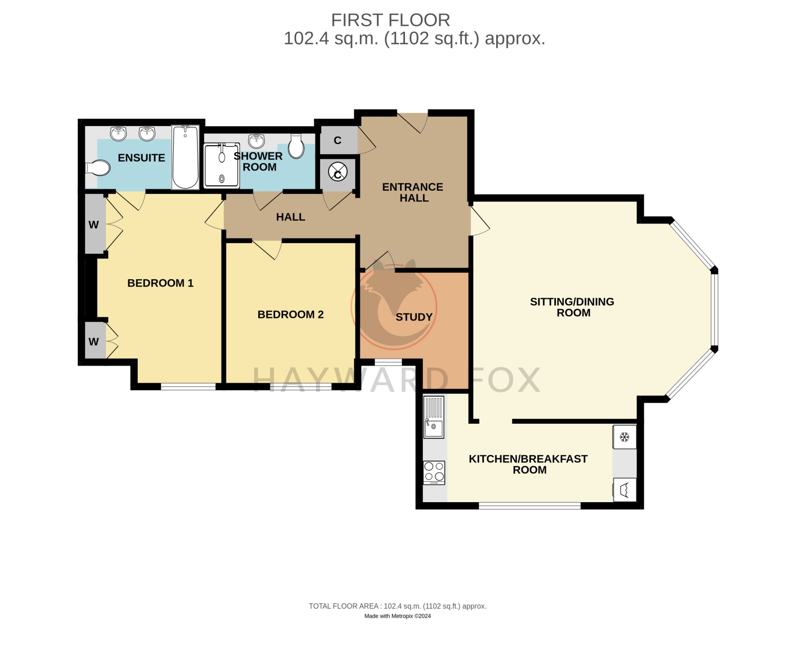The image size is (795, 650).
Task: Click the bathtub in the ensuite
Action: (x=185, y=157)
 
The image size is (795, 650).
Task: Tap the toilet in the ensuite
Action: (x=98, y=168)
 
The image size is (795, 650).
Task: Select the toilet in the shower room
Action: (x=296, y=146)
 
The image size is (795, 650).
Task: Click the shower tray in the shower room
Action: (x=222, y=165)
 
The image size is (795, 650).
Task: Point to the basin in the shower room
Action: (x=257, y=141)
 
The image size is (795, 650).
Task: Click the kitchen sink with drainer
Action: (x=434, y=417)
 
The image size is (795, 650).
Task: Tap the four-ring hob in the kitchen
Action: (x=434, y=473)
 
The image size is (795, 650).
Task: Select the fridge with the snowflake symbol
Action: (x=624, y=437)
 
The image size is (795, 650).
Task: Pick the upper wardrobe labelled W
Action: (x=95, y=224)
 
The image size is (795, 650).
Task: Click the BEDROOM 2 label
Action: (x=290, y=314)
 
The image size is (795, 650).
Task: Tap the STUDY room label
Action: (x=414, y=317)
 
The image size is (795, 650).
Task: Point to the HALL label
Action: (x=290, y=217)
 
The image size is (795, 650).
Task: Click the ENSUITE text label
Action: (x=142, y=157)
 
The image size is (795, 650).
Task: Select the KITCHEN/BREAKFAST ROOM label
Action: (x=528, y=464)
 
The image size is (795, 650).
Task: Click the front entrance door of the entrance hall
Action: (x=412, y=123)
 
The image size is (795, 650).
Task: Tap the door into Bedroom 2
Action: (x=267, y=249)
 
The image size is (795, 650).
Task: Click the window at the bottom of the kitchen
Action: (x=529, y=506)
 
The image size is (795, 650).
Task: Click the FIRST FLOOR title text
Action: (x=390, y=20)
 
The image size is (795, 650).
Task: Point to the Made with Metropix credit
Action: (x=397, y=616)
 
